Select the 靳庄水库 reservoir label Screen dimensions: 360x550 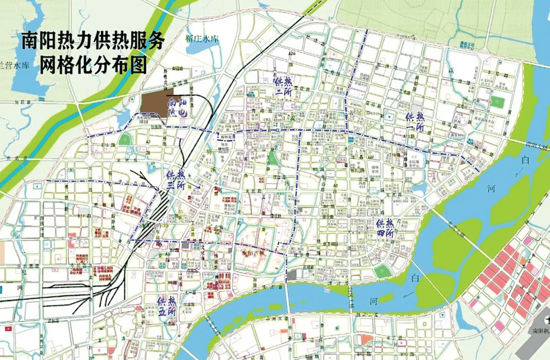202,39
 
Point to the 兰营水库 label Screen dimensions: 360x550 15,66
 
